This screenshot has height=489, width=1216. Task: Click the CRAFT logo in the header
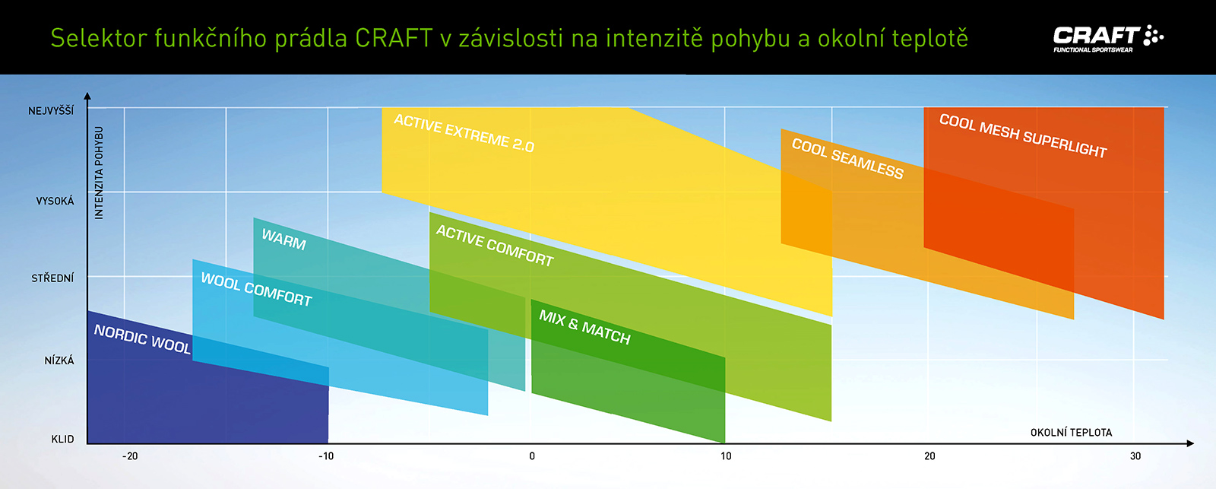tap(1108, 39)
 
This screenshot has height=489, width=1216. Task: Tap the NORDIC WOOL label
tap(142, 338)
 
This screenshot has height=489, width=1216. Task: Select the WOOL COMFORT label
tap(256, 290)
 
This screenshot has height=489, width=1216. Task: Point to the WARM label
tap(284, 239)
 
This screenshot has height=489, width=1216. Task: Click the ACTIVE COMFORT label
tap(495, 246)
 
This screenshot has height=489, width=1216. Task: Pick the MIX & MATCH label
tap(584, 327)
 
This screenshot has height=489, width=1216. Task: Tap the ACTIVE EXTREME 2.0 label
tap(464, 133)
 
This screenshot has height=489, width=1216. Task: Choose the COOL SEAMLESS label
tap(847, 158)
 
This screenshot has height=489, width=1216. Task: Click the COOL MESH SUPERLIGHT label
tap(1023, 136)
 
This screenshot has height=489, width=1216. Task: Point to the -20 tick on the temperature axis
tap(130, 456)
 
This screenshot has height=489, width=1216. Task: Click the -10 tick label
tap(326, 456)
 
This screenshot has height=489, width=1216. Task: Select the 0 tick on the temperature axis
tap(532, 456)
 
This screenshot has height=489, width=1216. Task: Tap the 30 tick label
tap(1135, 456)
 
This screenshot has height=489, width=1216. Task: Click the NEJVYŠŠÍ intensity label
tap(51, 110)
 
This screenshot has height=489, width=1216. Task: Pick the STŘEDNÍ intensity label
tap(52, 278)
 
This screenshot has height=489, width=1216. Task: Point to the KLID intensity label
tap(62, 439)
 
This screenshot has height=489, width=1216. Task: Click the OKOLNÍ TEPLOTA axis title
tap(1071, 433)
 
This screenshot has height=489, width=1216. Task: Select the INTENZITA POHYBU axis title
tap(99, 173)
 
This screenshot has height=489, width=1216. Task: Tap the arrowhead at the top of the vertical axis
tap(87, 96)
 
